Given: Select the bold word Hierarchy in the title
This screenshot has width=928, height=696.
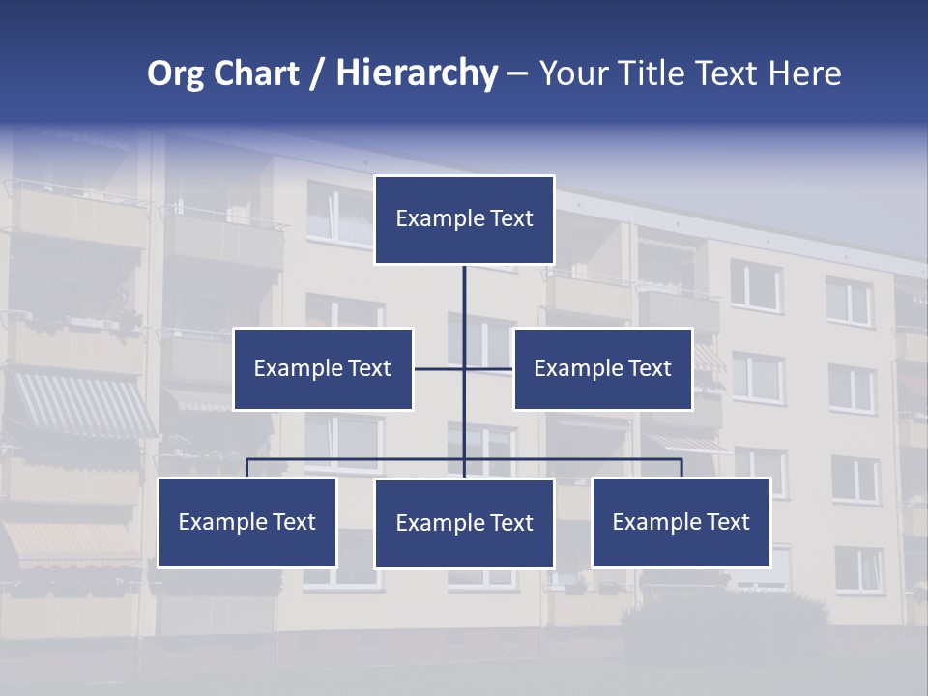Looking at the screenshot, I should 417,73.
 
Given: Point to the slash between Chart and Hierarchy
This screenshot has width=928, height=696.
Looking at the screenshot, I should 317,73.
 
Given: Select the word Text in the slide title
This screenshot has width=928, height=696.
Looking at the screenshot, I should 729,73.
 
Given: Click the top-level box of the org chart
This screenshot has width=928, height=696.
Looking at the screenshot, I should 464,219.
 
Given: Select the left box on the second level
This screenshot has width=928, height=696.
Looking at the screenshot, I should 323,369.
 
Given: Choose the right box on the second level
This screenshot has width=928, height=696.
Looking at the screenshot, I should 602,369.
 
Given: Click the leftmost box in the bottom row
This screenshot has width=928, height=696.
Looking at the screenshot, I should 246,523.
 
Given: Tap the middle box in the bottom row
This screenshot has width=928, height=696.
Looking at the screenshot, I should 464,524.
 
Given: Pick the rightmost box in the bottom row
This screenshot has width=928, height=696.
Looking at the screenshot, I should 681,523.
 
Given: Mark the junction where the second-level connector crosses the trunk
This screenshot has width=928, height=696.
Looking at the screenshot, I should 464,369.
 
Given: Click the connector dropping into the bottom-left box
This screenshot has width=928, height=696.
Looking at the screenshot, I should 246,468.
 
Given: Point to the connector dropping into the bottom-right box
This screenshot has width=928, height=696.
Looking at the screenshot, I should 681,468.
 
